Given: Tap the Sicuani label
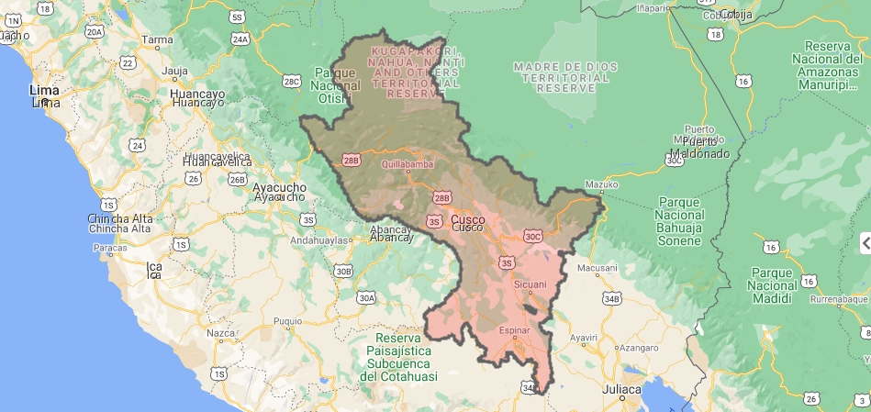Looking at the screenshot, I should pyautogui.click(x=530, y=284).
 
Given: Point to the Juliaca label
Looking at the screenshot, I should pyautogui.click(x=622, y=390).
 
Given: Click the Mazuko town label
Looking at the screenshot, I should pyautogui.click(x=601, y=184).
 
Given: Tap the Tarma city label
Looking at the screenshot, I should pyautogui.click(x=157, y=39).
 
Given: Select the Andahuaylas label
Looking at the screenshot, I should pyautogui.click(x=321, y=240).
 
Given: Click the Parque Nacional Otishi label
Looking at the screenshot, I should pyautogui.click(x=334, y=85).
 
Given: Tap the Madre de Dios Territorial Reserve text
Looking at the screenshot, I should pyautogui.click(x=561, y=77).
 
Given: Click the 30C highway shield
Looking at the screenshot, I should pyautogui.click(x=533, y=237).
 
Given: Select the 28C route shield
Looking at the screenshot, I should pyautogui.click(x=292, y=82).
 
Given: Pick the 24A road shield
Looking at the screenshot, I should pyautogui.click(x=240, y=39).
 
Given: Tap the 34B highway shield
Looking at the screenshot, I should pyautogui.click(x=612, y=298).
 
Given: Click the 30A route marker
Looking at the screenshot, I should pyautogui.click(x=366, y=297).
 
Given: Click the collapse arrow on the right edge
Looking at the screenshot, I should pyautogui.click(x=865, y=243).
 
